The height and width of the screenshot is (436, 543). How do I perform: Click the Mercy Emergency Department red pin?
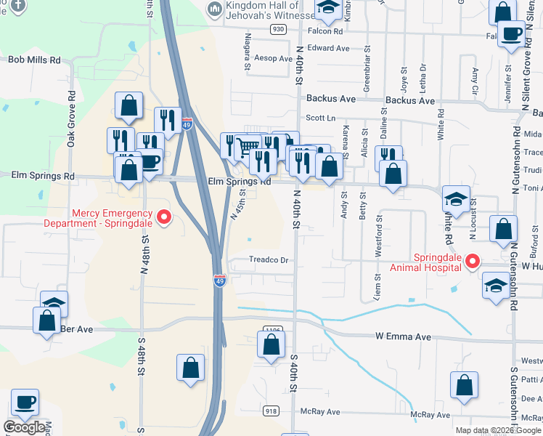click(164, 217)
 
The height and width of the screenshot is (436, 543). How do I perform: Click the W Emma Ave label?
click(404, 336)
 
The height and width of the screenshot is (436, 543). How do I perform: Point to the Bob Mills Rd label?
click(34, 61)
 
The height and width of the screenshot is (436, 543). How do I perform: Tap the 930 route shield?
click(277, 29)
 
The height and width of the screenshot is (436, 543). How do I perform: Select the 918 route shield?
click(271, 411)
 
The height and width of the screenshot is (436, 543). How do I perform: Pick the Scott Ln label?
click(322, 117)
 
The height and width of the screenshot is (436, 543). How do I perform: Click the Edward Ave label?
click(328, 48)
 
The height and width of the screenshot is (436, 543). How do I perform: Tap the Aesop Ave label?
click(273, 58)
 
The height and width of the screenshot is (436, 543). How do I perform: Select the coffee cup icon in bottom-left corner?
click(25, 402)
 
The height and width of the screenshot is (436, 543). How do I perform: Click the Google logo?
click(24, 427)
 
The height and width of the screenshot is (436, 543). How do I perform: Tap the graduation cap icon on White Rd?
click(455, 199)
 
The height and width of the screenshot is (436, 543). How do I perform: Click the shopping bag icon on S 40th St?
click(271, 343)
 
